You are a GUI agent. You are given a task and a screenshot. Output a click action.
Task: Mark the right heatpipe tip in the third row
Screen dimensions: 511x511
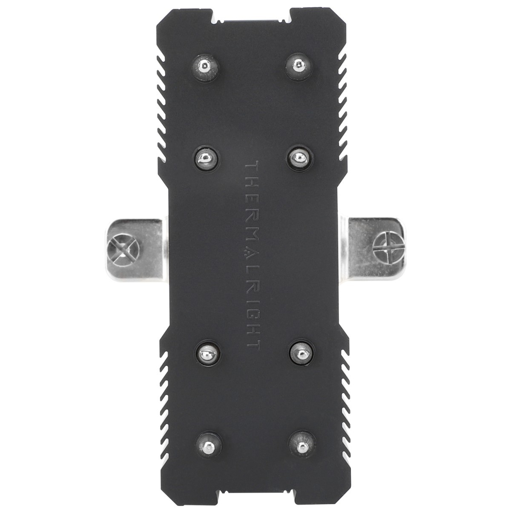click(301, 352)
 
